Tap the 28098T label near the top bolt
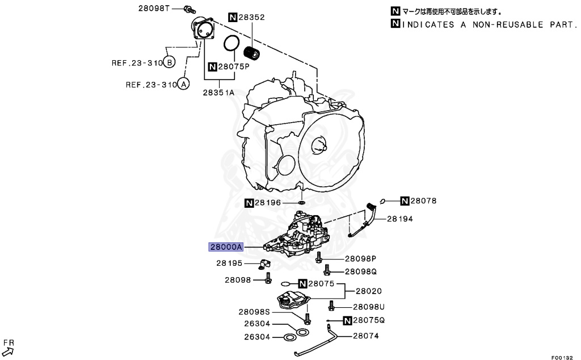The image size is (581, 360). (x=154, y=9)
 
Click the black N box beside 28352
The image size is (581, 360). (x=233, y=18)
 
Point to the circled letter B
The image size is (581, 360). (x=170, y=62)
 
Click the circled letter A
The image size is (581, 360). (x=183, y=85)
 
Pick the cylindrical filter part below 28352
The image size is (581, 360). (x=251, y=53)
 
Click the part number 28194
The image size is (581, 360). (x=401, y=219)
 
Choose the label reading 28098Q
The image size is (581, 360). (x=361, y=271)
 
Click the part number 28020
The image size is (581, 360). (x=369, y=291)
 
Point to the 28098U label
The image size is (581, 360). (x=369, y=307)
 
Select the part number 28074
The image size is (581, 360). (x=366, y=336)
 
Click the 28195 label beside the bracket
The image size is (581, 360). (x=229, y=263)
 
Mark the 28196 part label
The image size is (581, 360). (x=268, y=202)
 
